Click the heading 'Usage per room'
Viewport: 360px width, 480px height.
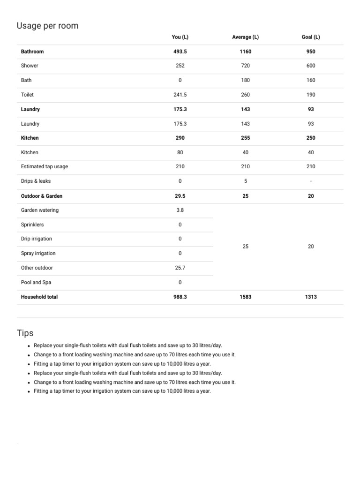click(x=47, y=26)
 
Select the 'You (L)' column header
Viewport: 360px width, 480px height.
click(x=180, y=37)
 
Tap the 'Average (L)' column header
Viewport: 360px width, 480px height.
click(x=245, y=37)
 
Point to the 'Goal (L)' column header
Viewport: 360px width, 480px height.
click(x=311, y=37)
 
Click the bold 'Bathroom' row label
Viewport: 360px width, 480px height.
click(x=32, y=52)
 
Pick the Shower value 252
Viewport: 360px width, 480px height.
click(x=180, y=66)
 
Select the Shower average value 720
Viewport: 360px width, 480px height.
click(x=245, y=66)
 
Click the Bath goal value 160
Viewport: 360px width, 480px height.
click(x=311, y=80)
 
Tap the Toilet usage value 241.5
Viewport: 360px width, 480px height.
click(x=180, y=95)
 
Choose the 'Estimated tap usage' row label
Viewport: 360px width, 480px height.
click(x=44, y=166)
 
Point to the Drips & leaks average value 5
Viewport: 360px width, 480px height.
click(x=245, y=181)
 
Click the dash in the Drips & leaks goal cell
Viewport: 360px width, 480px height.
click(x=311, y=181)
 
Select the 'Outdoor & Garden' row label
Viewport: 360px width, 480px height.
click(x=42, y=196)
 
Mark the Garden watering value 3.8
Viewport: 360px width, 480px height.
click(x=180, y=210)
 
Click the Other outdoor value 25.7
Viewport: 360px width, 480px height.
click(x=180, y=268)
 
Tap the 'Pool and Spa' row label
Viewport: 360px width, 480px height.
click(x=36, y=282)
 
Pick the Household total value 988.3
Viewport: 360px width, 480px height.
click(x=180, y=297)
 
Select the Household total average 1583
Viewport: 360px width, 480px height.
click(x=245, y=297)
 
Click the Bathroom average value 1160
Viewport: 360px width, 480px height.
click(x=245, y=52)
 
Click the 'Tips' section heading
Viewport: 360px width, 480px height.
click(x=25, y=333)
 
